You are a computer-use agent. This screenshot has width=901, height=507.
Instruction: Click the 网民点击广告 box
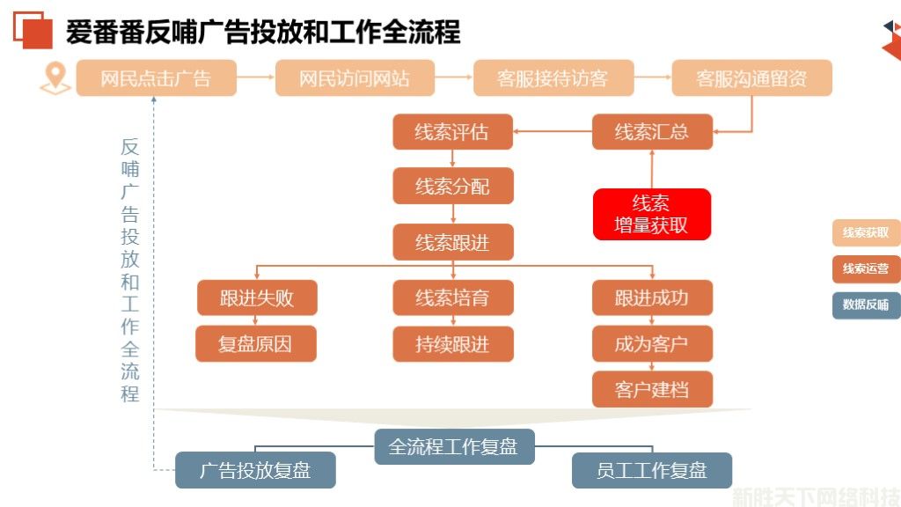point(156,78)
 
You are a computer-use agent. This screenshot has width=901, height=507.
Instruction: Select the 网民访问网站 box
point(355,78)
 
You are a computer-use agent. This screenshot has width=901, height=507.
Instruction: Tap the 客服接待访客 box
point(553,78)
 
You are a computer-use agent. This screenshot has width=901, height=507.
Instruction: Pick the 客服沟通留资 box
point(751,78)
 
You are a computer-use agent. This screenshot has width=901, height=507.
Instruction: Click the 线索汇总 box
point(651,133)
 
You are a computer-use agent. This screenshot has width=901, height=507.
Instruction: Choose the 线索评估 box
point(452,133)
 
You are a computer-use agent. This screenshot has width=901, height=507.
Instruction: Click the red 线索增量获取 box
point(651,214)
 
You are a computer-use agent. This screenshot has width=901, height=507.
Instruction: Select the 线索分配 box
point(452,187)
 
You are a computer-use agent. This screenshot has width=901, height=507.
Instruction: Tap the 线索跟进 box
point(452,242)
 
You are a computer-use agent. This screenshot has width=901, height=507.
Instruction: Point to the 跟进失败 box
point(256,298)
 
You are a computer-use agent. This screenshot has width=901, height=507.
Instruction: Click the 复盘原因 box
point(256,343)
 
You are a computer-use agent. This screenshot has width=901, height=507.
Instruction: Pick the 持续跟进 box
point(452,343)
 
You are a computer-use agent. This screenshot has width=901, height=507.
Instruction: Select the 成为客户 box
point(651,343)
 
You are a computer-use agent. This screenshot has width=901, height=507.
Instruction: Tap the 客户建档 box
point(651,389)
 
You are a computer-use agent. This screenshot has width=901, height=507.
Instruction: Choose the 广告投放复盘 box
point(255,470)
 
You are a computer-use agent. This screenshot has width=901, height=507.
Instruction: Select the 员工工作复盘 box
point(652,470)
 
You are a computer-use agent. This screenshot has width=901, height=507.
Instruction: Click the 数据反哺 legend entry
point(866,305)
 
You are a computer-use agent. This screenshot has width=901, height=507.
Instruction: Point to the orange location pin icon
point(55,78)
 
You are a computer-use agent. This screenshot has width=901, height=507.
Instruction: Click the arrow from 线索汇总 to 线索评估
point(552,133)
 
